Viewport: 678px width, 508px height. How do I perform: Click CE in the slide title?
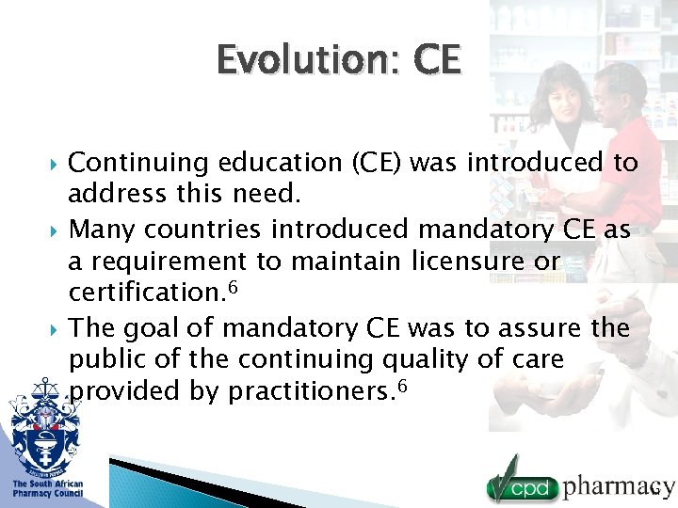[x=436, y=61]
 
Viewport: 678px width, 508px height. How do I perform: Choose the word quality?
[x=434, y=360]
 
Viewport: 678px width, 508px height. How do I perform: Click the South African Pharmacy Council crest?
[x=45, y=423]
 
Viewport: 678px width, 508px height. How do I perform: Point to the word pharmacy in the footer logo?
[x=618, y=486]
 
